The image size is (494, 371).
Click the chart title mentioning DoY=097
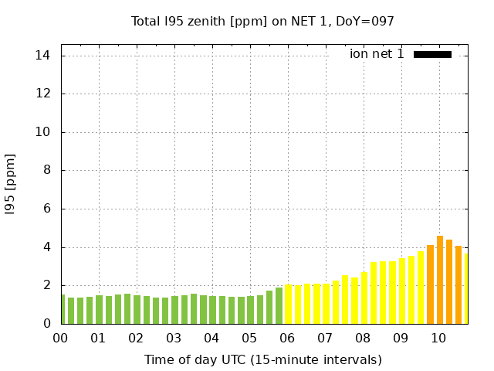click(263, 21)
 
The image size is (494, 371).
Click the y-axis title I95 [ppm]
click(10, 183)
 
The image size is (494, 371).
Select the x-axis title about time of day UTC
click(262, 359)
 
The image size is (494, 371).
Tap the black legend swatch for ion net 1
click(432, 54)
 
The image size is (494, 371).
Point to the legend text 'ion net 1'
click(377, 54)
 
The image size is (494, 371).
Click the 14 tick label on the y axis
click(42, 56)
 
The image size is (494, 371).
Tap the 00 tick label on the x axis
click(61, 339)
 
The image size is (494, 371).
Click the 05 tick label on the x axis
click(250, 339)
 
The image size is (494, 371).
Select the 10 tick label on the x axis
click(439, 339)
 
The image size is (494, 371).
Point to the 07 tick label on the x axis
click(326, 339)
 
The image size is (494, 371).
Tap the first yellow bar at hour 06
click(289, 304)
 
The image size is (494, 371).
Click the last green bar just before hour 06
click(279, 305)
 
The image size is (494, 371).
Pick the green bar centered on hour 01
click(99, 309)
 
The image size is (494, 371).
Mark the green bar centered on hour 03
click(174, 310)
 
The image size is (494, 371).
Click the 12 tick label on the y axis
click(42, 94)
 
